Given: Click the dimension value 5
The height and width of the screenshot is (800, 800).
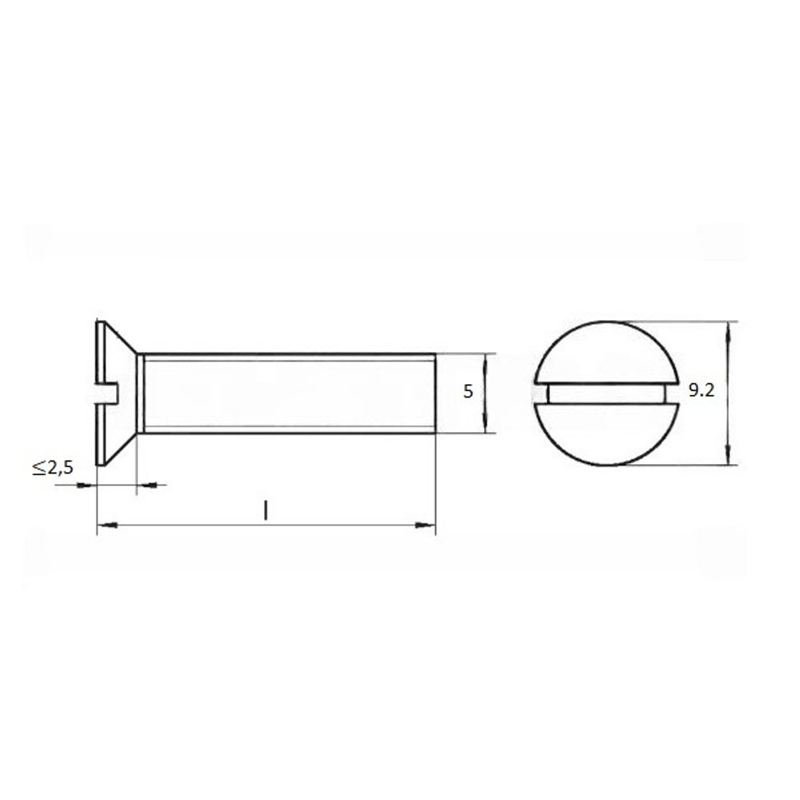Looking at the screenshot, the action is (468, 392).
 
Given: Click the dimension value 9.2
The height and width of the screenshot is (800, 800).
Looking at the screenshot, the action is (702, 391).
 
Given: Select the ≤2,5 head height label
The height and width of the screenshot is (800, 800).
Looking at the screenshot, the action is (54, 467).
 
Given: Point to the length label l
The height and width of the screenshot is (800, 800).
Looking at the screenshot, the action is (266, 510).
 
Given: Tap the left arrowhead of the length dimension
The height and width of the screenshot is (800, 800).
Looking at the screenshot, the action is (107, 525).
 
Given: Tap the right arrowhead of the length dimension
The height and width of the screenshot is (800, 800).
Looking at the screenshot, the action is (426, 525).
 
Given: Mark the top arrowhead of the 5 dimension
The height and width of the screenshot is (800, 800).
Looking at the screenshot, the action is (484, 363).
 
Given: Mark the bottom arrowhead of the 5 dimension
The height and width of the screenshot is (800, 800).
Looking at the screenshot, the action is (484, 423).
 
